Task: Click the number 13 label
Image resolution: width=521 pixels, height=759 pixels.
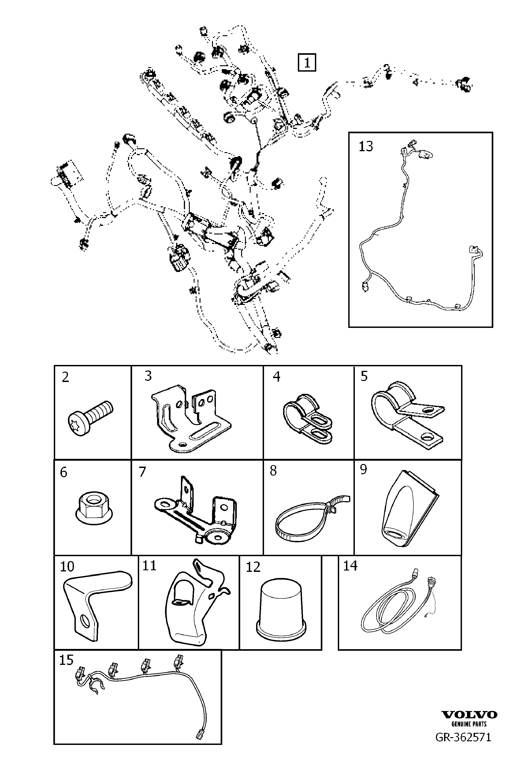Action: pos(366,146)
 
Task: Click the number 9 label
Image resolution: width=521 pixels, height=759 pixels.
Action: pos(363,470)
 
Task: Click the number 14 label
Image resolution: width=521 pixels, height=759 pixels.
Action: pos(350,566)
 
